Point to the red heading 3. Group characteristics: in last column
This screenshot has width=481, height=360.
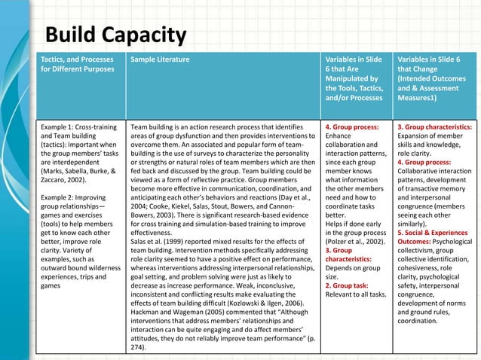tap(434, 127)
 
